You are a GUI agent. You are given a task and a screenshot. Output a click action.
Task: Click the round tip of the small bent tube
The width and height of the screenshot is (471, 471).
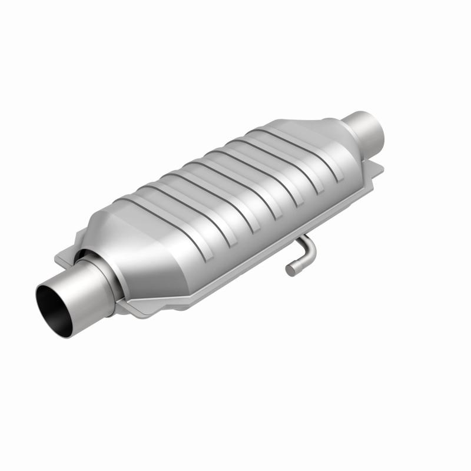coord(290,270)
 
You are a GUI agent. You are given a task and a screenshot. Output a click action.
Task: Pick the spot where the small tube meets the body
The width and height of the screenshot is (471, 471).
coord(300,238)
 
